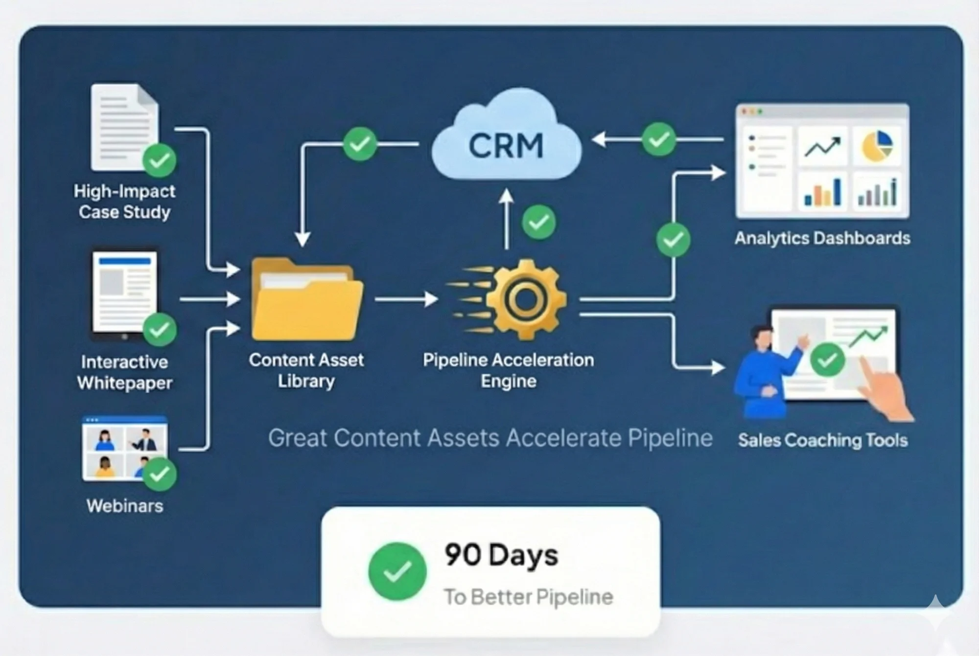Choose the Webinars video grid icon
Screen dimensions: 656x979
coord(124,448)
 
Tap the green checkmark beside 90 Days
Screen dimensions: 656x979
coord(397,571)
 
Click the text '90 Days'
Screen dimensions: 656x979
coord(501,555)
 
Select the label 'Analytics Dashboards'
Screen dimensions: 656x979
coord(822,238)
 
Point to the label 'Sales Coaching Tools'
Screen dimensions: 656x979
coord(823,440)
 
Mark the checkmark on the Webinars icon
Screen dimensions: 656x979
coord(160,474)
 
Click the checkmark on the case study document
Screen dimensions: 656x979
coord(160,160)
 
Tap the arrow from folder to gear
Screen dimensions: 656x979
coord(406,299)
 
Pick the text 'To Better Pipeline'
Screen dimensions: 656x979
coord(528,597)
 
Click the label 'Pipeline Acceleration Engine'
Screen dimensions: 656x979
coord(508,370)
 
